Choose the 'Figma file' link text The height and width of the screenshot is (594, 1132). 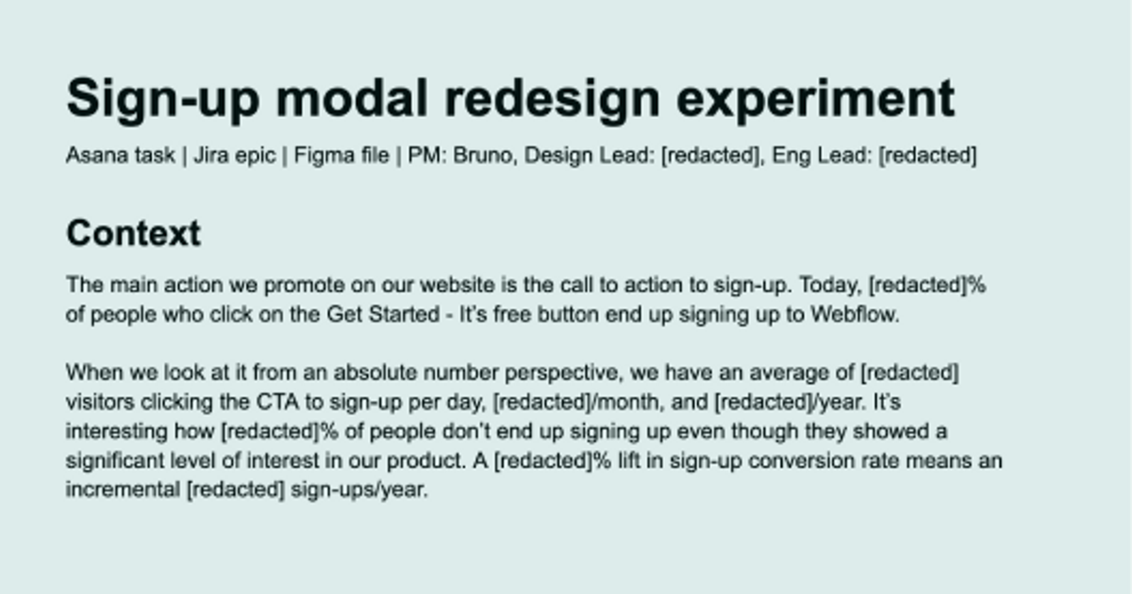(x=341, y=156)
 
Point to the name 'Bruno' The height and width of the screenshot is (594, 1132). (x=483, y=156)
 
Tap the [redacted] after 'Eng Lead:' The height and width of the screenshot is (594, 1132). (x=927, y=156)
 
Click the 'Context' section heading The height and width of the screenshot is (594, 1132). (x=133, y=233)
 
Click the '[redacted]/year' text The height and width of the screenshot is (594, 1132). (x=789, y=402)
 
